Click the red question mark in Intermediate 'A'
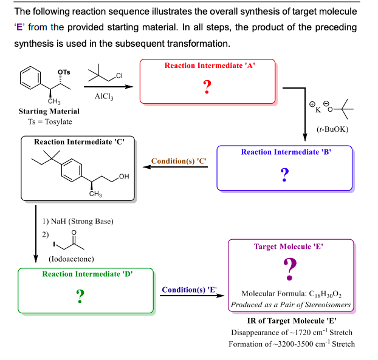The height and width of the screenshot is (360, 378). pyautogui.click(x=207, y=87)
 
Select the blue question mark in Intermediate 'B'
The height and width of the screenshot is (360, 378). pyautogui.click(x=284, y=175)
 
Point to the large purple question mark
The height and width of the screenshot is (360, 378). pyautogui.click(x=290, y=268)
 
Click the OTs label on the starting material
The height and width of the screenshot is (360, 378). pyautogui.click(x=64, y=72)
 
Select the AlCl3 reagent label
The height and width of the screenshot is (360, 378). pyautogui.click(x=104, y=97)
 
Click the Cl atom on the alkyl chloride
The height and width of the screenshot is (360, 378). pyautogui.click(x=119, y=76)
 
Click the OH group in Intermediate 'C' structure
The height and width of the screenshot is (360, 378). pyautogui.click(x=125, y=176)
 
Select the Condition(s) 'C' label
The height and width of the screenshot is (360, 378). pyautogui.click(x=179, y=161)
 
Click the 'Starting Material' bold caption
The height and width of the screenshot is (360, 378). pyautogui.click(x=49, y=112)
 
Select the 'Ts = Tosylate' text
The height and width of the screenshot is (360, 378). pyautogui.click(x=49, y=122)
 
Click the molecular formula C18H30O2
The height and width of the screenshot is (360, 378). pyautogui.click(x=290, y=293)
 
